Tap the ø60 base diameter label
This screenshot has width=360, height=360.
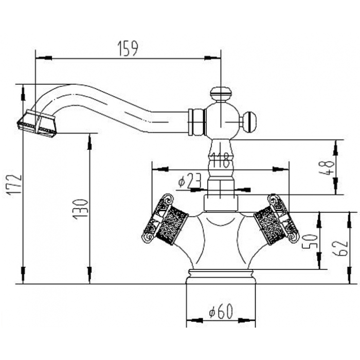pyautogui.click(x=221, y=312)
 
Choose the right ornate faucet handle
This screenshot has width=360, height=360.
pyautogui.click(x=277, y=219)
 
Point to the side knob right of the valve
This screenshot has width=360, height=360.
pyautogui.click(x=249, y=121)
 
